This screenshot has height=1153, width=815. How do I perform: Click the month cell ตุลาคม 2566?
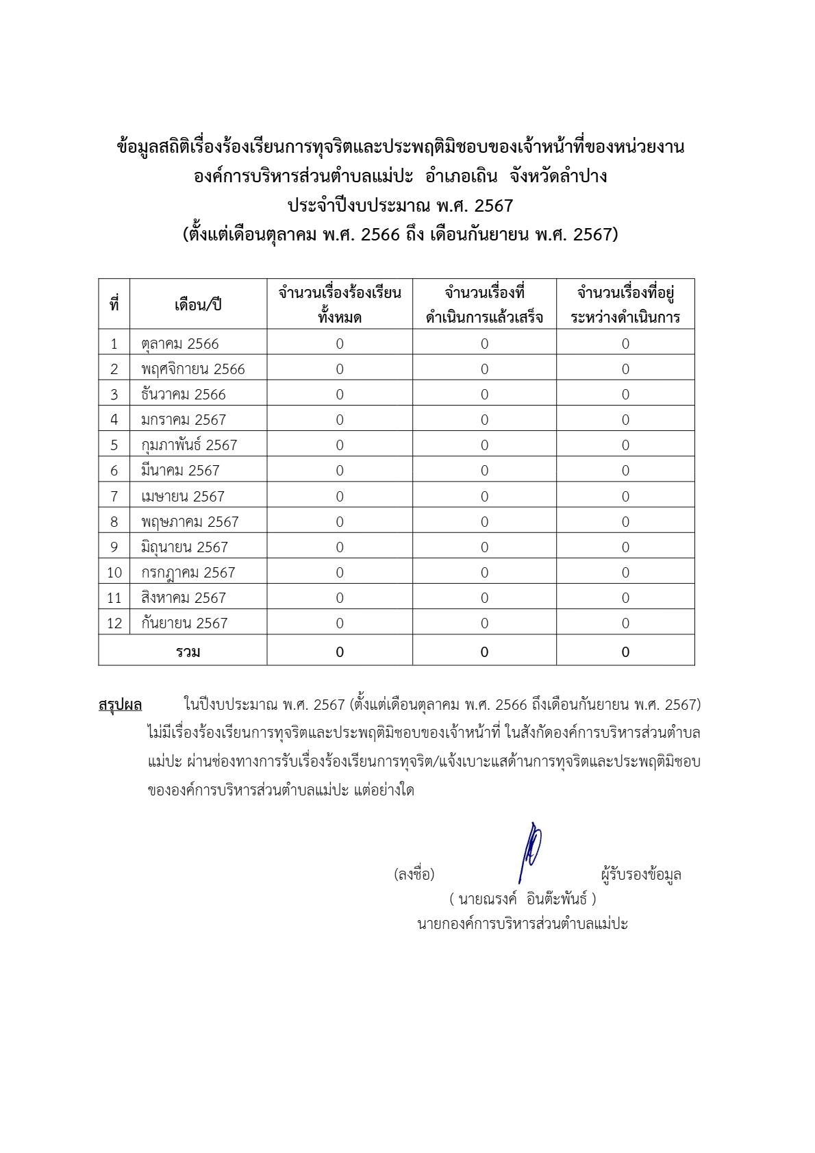tap(180, 344)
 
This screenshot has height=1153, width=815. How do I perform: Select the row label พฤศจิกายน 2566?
tap(193, 369)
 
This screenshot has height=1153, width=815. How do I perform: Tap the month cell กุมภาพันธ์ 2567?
tap(189, 445)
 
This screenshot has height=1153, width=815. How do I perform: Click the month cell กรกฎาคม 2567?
tap(188, 573)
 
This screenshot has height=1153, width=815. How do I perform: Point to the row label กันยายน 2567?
tap(184, 623)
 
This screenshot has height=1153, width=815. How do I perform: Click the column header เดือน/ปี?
tap(198, 305)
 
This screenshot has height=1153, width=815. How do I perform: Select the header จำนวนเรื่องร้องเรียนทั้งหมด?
tap(340, 305)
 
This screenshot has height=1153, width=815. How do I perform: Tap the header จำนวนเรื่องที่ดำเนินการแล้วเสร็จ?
tap(484, 305)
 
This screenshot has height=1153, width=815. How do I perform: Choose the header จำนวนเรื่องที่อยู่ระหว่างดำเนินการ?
tap(625, 305)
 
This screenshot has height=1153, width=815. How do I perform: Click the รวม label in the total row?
tap(188, 652)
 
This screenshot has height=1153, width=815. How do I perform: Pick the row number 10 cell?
tap(114, 573)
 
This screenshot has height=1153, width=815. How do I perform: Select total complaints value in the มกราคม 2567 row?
tap(340, 420)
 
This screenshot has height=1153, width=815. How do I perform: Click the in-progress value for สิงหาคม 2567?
tap(625, 598)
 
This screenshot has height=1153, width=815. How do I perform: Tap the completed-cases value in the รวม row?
tap(484, 652)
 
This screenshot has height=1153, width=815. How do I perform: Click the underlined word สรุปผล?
tap(121, 705)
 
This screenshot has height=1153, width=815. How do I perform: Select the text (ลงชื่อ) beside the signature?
tap(414, 874)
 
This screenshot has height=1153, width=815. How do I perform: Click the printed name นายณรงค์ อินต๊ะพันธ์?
tap(523, 898)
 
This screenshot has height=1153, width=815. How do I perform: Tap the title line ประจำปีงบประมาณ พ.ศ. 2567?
tap(401, 206)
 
